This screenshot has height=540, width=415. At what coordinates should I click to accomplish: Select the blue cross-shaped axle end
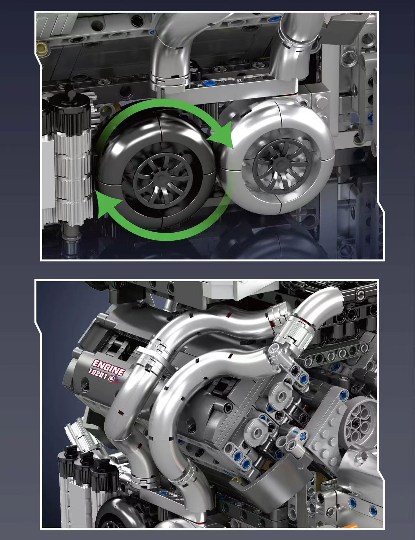click(x=304, y=436)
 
